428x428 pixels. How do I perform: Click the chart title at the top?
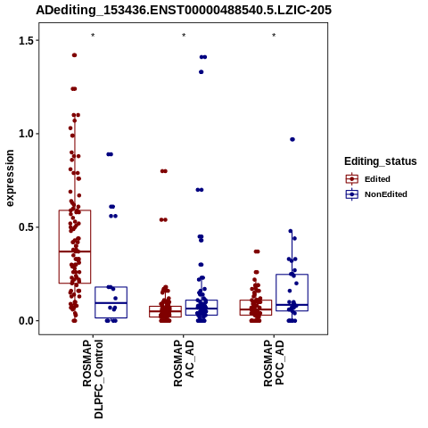tap(184, 10)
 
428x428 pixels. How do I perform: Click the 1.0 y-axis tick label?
tap(26, 134)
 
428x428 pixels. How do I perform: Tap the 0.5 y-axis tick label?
tap(26, 227)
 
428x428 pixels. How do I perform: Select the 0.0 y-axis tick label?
tap(26, 321)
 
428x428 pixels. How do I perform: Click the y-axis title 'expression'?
tap(10, 178)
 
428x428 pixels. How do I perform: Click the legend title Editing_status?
tap(381, 161)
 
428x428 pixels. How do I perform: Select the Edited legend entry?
tap(377, 179)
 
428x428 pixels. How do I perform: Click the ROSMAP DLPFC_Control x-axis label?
tap(93, 379)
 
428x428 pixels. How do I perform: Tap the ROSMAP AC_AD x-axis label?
tap(184, 363)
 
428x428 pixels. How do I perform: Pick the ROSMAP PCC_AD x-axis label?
tap(274, 363)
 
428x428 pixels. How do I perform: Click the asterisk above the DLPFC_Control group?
tap(93, 36)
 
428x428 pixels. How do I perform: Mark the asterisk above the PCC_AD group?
tap(274, 36)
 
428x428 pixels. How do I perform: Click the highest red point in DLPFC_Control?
tap(74, 55)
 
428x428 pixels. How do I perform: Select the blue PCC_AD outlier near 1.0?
tap(292, 139)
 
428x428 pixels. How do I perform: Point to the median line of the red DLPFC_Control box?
tap(75, 251)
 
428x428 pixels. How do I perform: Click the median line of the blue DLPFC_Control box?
tap(111, 303)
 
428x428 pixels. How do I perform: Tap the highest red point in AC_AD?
tap(164, 171)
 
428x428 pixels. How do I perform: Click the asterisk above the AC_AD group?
tap(184, 36)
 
